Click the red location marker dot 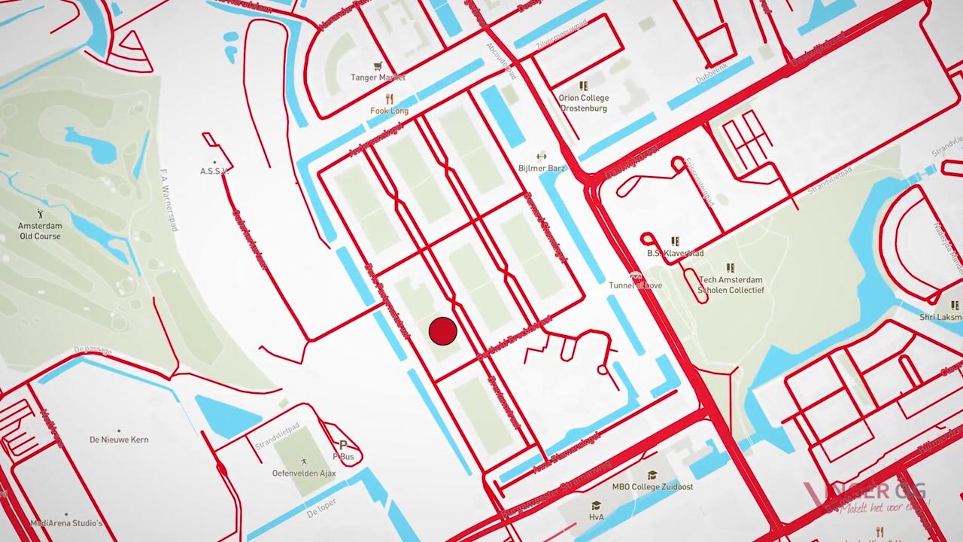442,331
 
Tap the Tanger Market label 378,78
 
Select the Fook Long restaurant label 389,111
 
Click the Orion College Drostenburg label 583,103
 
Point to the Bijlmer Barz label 541,168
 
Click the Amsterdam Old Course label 41,231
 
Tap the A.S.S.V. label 214,172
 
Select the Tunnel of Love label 636,285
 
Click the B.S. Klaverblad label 675,254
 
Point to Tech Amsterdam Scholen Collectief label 731,285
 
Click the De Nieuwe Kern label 119,440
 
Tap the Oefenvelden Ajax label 303,473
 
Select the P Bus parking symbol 343,446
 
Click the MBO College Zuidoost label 652,486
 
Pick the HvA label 596,516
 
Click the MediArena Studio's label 66,523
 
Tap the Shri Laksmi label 940,317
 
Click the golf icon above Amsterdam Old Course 41,215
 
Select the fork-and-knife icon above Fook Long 389,99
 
